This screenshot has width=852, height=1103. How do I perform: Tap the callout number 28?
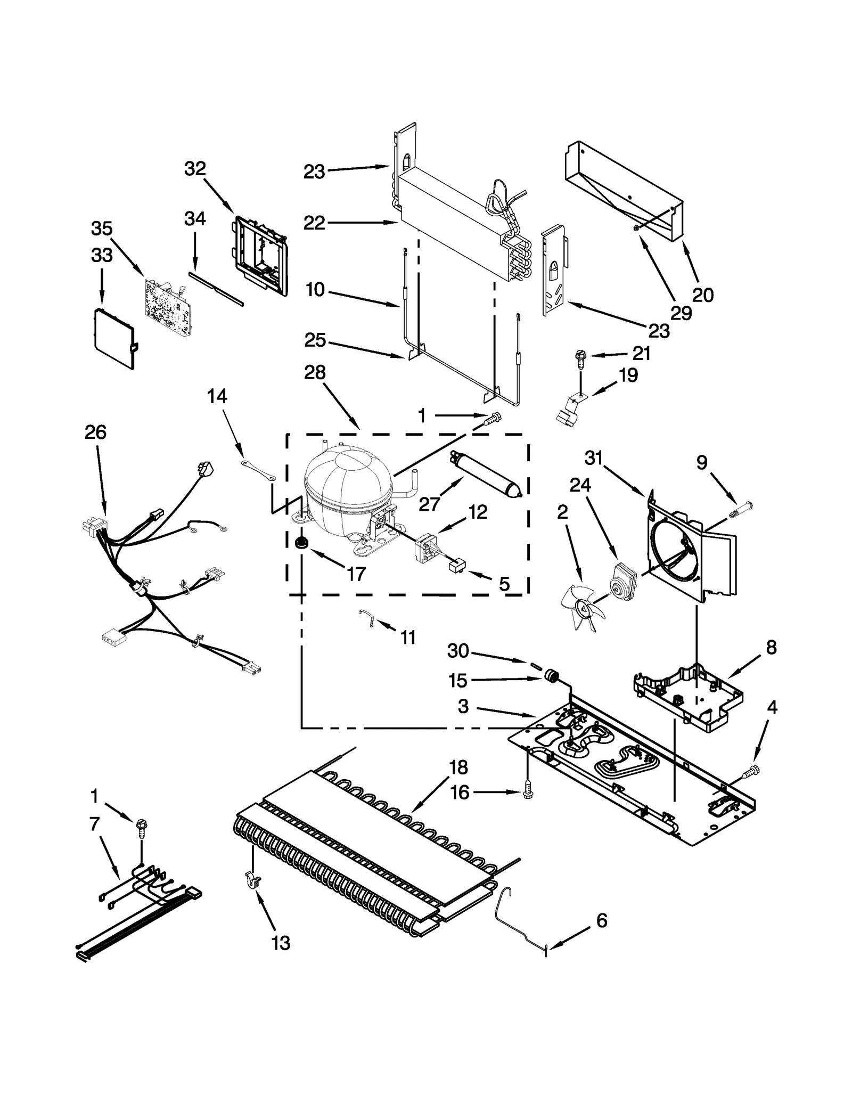(x=315, y=372)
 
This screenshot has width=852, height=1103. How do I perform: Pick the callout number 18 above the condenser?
(x=458, y=767)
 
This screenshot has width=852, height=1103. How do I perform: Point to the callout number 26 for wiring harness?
(x=95, y=432)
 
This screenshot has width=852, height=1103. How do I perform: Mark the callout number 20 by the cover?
(x=702, y=295)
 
